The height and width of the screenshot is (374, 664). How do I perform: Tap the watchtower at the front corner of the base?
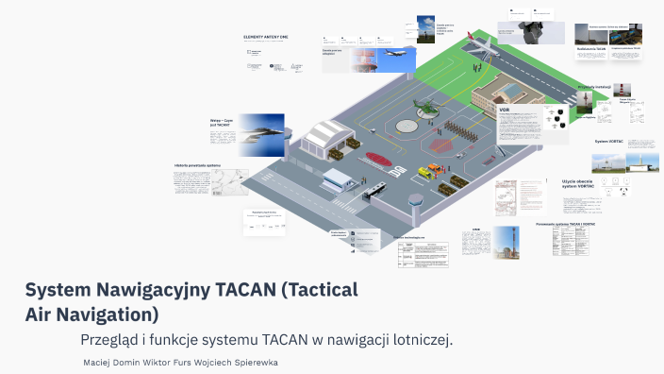415,209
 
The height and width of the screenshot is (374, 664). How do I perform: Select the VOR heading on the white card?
505,110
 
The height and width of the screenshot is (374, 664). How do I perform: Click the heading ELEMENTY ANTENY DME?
266,36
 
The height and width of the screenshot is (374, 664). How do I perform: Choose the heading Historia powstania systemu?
197,166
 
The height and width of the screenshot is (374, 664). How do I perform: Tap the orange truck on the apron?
433,171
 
